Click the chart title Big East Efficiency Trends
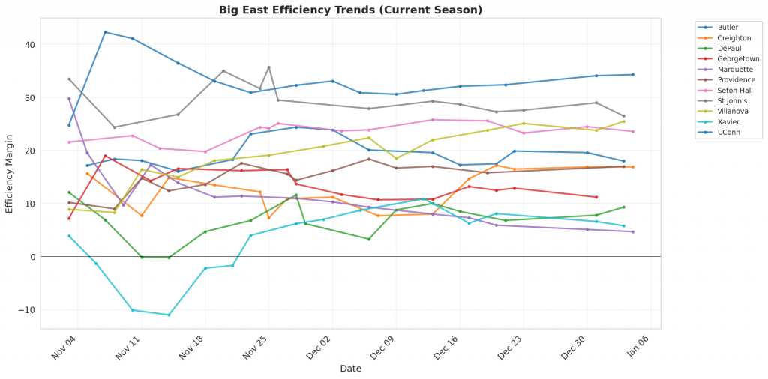(350, 10)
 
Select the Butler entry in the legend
(728, 28)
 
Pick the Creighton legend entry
(733, 38)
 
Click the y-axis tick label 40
(30, 45)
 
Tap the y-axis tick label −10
(26, 310)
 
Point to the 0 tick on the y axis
(32, 257)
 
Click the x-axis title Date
(350, 369)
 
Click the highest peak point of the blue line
(105, 32)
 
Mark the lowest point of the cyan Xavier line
(169, 315)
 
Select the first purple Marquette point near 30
(69, 99)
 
